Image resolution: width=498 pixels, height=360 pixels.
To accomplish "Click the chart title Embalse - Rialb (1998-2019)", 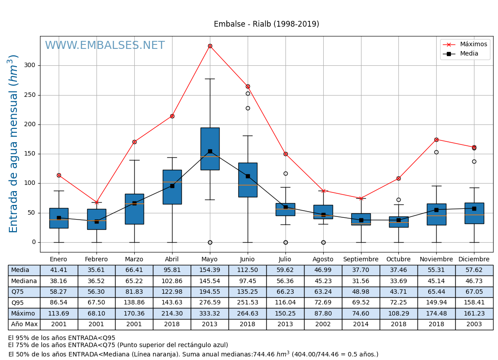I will point(266,24).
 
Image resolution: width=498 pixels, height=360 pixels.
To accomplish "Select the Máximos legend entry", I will point(473,44).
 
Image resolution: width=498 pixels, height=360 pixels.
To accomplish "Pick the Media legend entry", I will point(469,54).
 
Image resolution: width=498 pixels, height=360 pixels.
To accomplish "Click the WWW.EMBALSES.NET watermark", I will point(104,46).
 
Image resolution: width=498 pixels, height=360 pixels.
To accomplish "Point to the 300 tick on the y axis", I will point(30,65).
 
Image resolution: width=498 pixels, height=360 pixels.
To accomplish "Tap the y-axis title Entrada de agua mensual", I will point(14,144).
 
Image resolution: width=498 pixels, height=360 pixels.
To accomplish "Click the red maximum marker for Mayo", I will point(210,46).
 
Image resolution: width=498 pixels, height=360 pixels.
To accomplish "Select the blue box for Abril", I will point(172,187).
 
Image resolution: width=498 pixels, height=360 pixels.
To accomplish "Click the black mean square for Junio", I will point(248,176).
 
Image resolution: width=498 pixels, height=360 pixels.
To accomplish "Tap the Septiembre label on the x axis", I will point(361,260).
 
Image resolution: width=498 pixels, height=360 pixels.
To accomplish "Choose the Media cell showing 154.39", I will point(210,270).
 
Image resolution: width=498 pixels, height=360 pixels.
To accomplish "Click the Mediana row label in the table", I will point(24,281).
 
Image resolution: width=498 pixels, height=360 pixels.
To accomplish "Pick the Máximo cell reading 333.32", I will point(210,313).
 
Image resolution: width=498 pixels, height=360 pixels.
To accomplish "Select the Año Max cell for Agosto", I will point(323,324).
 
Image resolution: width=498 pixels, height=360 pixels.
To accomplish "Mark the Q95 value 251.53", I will point(248,303).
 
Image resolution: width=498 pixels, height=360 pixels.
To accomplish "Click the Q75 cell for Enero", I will point(59,292).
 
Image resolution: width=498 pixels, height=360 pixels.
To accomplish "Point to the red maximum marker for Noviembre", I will point(436,140).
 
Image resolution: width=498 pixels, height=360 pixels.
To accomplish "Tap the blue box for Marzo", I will point(134,209).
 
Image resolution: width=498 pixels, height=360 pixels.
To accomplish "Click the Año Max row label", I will point(24,324).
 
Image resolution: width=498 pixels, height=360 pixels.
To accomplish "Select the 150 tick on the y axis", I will point(30,154).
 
